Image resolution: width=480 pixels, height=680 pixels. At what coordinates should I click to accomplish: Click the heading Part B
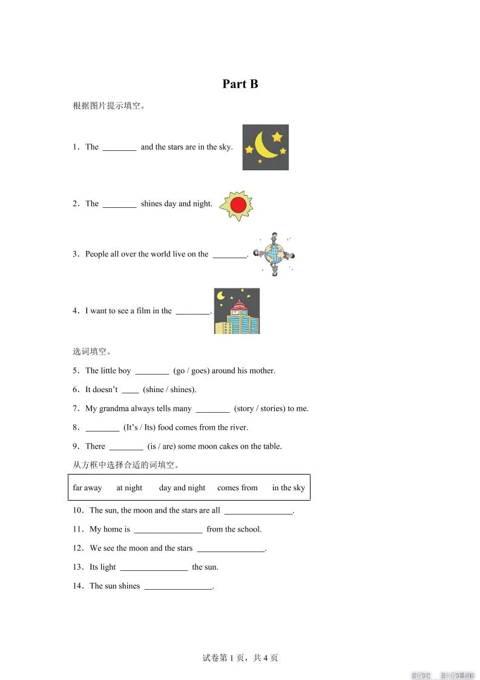pos(240,84)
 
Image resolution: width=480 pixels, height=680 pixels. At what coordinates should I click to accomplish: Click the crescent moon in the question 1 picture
pos(264,145)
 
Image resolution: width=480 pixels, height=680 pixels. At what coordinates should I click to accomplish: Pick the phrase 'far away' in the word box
pos(87,488)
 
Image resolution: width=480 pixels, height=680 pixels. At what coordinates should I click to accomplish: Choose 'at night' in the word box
pos(129,488)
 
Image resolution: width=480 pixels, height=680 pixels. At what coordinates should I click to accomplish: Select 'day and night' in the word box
pos(182,488)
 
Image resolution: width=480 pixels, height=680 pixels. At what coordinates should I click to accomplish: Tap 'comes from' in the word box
pos(237,488)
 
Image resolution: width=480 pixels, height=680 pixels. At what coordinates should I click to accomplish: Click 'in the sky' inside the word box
pos(288,488)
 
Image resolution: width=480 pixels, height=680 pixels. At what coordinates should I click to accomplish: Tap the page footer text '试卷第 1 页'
pos(222,658)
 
